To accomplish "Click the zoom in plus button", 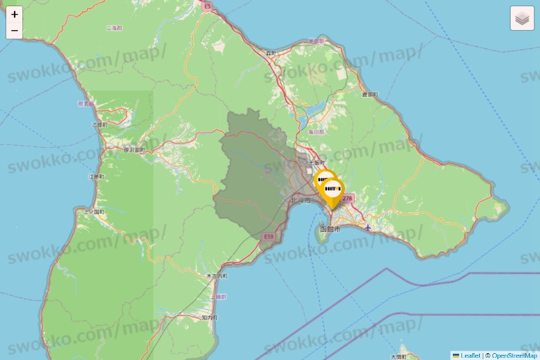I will click(x=15, y=14).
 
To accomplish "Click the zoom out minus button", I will click(x=15, y=30).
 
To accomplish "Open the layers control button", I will click(x=522, y=19).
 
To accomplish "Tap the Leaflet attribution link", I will click(x=469, y=355).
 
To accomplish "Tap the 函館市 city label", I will click(x=329, y=229).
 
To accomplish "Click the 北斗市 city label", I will click(x=300, y=200).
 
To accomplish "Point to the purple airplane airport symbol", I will click(x=368, y=227).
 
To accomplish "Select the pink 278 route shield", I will click(x=346, y=198).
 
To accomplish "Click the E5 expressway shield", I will click(x=207, y=6).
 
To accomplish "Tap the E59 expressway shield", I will click(x=268, y=236).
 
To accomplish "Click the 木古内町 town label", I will click(x=217, y=275).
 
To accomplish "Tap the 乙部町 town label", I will click(x=100, y=124).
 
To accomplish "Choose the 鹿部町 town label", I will click(x=370, y=94).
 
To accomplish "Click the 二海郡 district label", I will click(x=113, y=28).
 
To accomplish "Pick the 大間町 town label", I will click(x=398, y=356).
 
